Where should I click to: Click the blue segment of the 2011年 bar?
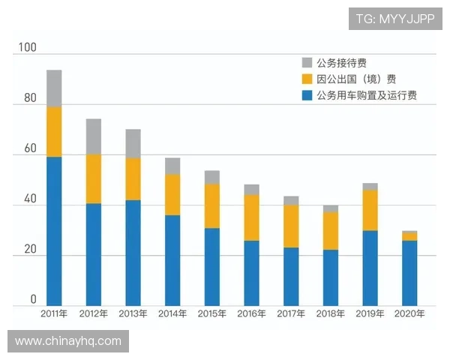point(54,231)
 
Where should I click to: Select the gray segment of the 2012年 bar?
point(93,136)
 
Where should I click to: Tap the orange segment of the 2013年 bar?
point(133,178)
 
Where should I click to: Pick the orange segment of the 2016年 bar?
point(251,217)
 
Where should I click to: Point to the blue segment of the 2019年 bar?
point(370,268)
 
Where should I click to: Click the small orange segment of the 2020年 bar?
point(409,236)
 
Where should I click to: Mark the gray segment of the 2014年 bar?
point(172,166)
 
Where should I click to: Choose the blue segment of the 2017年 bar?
point(291,277)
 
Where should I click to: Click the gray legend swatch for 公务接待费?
point(307,63)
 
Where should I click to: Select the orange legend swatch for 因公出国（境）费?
point(307,79)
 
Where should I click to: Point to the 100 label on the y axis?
point(27,48)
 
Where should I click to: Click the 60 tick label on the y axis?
point(29,149)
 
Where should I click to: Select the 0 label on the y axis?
point(33,300)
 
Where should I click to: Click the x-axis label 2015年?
point(212,314)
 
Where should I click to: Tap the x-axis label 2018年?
point(331,314)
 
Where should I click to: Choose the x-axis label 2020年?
point(409,314)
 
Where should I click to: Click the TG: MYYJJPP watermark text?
point(395,19)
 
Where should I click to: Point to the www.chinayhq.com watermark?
point(68,341)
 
